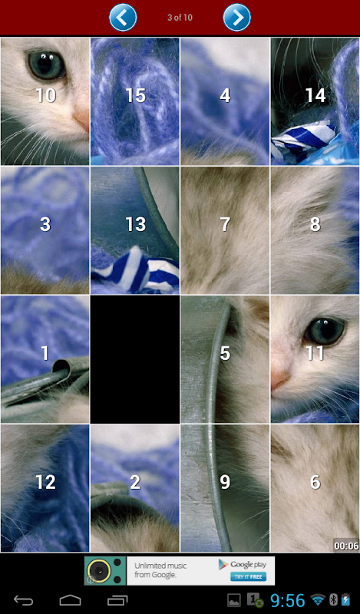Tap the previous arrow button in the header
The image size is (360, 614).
click(123, 17)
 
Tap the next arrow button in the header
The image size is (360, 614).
click(237, 17)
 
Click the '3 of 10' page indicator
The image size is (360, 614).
click(180, 18)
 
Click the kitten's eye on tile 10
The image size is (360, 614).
click(46, 64)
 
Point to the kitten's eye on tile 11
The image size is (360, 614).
click(325, 331)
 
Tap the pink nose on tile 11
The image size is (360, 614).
click(281, 379)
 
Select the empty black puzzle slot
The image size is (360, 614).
click(135, 359)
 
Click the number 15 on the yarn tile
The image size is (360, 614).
click(136, 95)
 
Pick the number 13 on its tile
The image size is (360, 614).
click(136, 224)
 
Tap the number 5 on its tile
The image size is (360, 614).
click(225, 353)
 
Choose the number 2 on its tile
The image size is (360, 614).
click(135, 482)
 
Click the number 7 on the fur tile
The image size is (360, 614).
click(225, 224)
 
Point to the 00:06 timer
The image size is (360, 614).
click(347, 546)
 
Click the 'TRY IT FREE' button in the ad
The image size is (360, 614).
click(249, 576)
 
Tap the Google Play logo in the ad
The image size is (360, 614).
click(243, 564)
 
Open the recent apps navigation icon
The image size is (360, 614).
click(117, 600)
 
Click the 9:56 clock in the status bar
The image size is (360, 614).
click(288, 600)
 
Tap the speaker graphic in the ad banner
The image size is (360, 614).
click(105, 571)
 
